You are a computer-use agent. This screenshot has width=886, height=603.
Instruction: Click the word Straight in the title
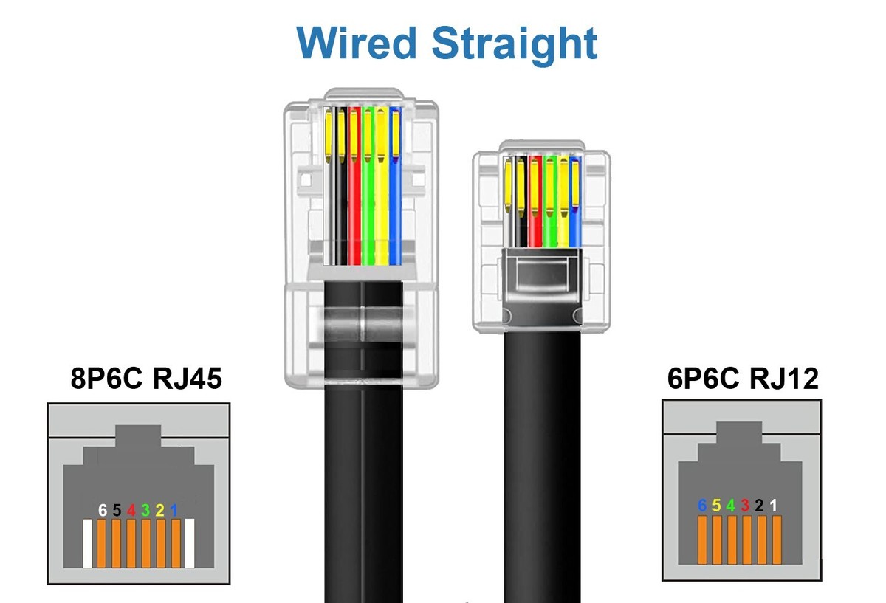click(515, 44)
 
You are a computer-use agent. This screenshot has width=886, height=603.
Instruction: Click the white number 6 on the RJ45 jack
click(103, 510)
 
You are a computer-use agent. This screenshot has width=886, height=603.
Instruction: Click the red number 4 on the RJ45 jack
click(131, 510)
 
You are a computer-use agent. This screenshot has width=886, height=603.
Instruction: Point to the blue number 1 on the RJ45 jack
click(174, 510)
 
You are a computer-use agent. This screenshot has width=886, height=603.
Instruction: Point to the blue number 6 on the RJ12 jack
click(703, 506)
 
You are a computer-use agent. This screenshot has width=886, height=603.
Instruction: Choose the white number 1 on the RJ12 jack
click(774, 506)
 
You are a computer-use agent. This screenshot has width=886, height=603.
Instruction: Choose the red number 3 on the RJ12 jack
click(745, 506)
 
